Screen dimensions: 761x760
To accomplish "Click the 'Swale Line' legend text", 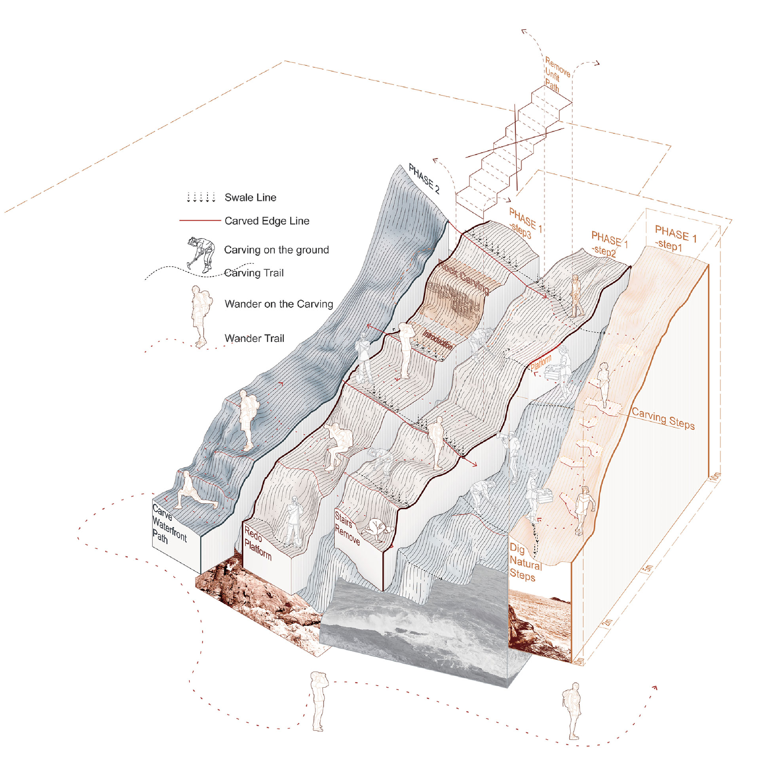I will [250, 197].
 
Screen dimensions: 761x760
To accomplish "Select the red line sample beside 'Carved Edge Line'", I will [200, 220].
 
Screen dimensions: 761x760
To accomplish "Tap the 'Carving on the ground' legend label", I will [276, 250].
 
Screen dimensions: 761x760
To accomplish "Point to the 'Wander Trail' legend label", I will [254, 338].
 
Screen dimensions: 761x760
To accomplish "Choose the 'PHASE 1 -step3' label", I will [524, 223].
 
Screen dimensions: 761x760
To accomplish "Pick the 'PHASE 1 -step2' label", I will [608, 244].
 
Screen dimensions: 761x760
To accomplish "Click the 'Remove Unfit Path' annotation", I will [557, 74].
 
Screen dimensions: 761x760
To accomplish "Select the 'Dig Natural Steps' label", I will [525, 563].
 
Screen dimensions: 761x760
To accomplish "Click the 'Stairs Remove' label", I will [347, 528].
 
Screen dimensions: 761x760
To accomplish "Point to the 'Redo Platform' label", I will [257, 543].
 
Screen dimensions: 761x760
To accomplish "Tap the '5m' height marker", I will [648, 569].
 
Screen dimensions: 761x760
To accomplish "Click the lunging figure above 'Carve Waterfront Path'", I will [194, 491].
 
